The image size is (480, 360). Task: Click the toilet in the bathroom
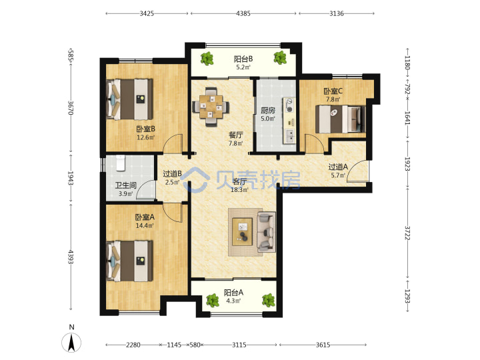coord(121,163)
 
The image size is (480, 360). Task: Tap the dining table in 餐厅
coord(210,107)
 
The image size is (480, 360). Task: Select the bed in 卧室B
coord(129,99)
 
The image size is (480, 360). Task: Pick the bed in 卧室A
coord(129,261)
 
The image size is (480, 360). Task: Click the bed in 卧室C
coord(341,119)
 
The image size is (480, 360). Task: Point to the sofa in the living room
coord(266,232)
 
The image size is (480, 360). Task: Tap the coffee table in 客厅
coord(243,232)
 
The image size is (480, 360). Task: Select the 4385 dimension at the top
coord(243,13)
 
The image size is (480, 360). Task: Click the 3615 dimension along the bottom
coord(323,345)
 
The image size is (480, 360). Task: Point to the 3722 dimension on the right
coord(407,233)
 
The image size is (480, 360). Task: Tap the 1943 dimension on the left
coord(71,178)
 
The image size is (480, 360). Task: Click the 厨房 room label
coord(268,110)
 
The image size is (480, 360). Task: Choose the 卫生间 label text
coord(125,185)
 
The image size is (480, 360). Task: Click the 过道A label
coord(338,167)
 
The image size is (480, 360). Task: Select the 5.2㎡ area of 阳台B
coord(243,67)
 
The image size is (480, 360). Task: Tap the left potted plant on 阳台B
coord(207,58)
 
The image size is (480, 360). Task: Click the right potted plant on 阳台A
coord(269,300)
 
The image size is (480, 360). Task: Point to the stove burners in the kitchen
coord(289,105)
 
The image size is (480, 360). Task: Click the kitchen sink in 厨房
coord(289,136)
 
